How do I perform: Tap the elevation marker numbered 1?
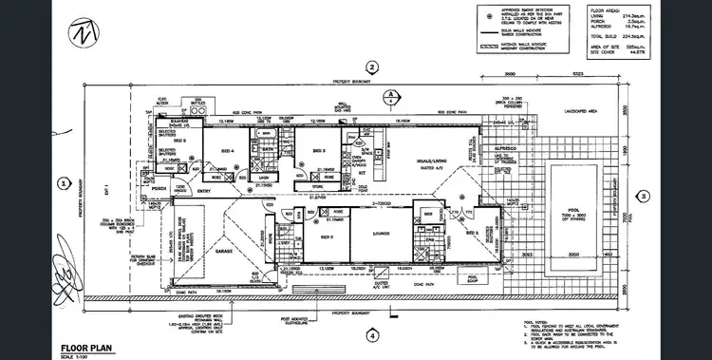pyautogui.click(x=64, y=184)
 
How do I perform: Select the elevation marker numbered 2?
pyautogui.click(x=373, y=66)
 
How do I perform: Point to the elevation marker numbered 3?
pyautogui.click(x=643, y=197)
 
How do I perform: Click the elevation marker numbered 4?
pyautogui.click(x=373, y=335)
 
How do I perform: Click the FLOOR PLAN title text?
pyautogui.click(x=88, y=347)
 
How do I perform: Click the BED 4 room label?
pyautogui.click(x=228, y=150)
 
